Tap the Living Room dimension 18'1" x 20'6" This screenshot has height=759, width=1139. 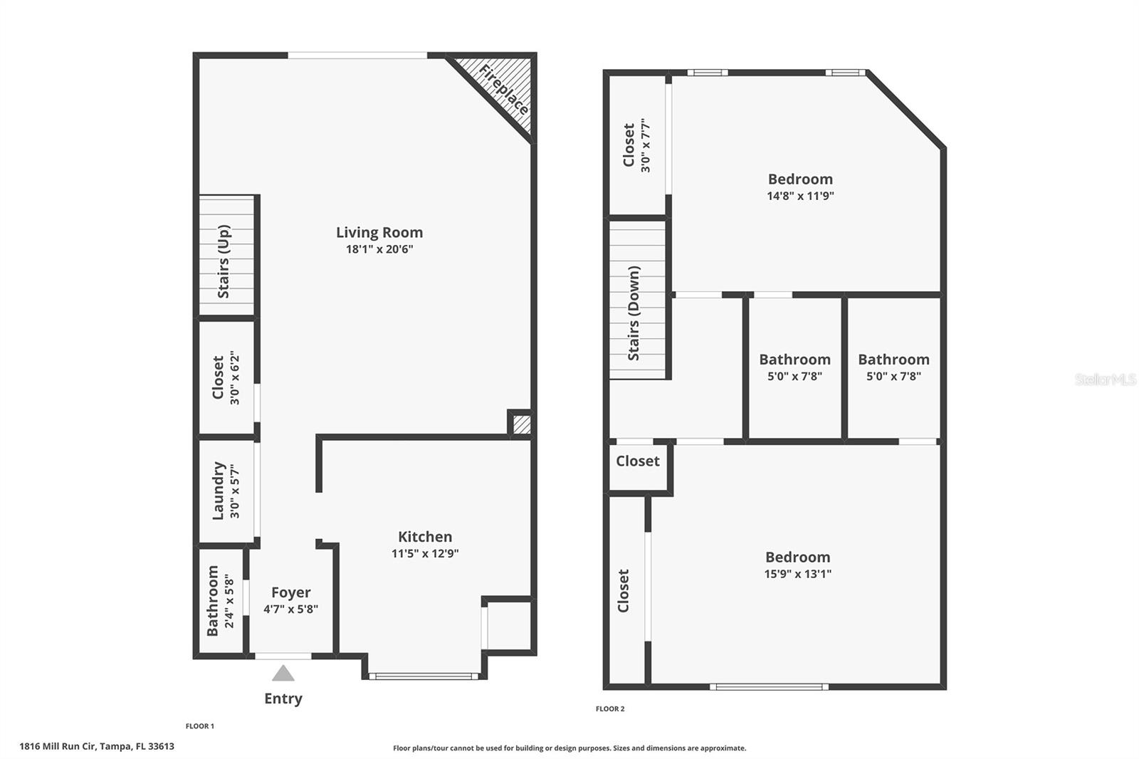tap(379, 249)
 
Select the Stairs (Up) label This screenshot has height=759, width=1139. tap(224, 261)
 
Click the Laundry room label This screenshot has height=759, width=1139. tap(219, 491)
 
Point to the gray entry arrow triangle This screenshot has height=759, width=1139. tap(283, 674)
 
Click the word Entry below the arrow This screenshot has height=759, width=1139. tap(283, 698)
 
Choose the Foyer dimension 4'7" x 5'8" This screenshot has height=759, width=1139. tap(290, 609)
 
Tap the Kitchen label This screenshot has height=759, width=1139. tap(425, 537)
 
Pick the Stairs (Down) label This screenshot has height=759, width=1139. tap(634, 313)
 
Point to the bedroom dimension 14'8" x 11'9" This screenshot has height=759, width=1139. tap(800, 196)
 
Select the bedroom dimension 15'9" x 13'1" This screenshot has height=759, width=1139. tap(797, 574)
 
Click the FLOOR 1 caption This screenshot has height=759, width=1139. tap(199, 726)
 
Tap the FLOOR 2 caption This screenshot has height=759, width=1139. tap(610, 708)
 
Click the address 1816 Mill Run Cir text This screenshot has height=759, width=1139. tap(97, 746)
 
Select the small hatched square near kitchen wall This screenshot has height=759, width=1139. tap(522, 424)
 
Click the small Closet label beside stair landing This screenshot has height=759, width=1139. tap(638, 461)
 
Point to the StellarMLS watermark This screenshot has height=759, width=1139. tap(1105, 379)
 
